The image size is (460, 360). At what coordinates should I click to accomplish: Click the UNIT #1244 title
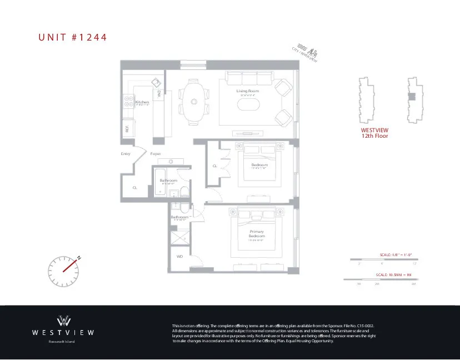[72, 38]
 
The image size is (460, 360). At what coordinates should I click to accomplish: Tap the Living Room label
[248, 91]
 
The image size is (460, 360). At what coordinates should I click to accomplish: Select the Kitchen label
[142, 102]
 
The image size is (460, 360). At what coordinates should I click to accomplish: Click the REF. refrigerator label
[127, 129]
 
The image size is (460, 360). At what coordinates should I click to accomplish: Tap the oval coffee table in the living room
[248, 104]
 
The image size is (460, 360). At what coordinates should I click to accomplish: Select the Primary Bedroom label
[257, 233]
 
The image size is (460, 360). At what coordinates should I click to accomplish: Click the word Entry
[126, 154]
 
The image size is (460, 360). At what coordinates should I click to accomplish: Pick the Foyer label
[156, 154]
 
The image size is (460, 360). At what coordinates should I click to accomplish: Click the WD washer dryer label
[180, 257]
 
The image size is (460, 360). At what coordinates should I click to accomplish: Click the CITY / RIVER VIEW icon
[307, 54]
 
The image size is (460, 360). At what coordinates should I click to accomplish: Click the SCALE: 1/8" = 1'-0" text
[396, 254]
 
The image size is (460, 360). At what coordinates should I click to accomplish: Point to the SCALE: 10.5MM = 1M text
[393, 275]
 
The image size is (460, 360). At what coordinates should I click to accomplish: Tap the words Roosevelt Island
[62, 342]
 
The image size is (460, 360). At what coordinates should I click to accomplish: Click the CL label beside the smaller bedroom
[214, 166]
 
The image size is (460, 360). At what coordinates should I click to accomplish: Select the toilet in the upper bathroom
[185, 191]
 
